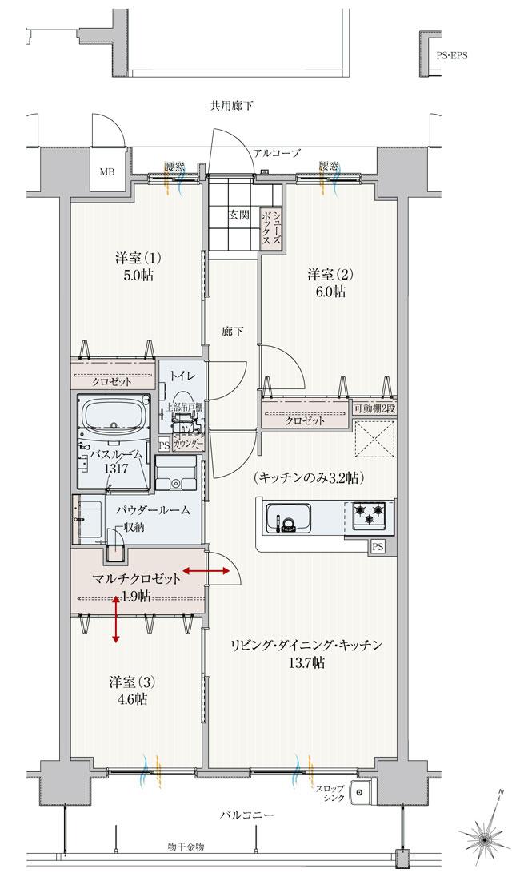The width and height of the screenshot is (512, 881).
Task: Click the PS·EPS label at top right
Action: click(452, 56)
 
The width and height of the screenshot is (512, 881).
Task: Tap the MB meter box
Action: click(106, 171)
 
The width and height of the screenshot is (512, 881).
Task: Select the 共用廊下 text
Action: click(232, 105)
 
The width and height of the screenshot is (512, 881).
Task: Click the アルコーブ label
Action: click(276, 152)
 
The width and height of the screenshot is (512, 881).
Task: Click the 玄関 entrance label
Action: click(238, 215)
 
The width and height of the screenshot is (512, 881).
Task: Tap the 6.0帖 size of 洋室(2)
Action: click(328, 292)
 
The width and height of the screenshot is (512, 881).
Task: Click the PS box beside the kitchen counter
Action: click(378, 546)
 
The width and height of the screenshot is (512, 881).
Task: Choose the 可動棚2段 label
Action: click(375, 408)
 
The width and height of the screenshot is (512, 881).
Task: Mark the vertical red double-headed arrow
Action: click(117, 618)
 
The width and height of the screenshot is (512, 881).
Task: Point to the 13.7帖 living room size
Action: click(306, 662)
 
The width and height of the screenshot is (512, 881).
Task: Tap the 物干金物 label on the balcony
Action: click(186, 847)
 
